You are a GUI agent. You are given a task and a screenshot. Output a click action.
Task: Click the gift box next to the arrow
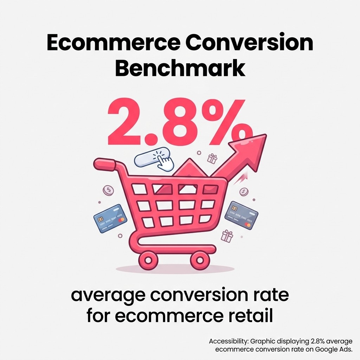pyautogui.click(x=212, y=159)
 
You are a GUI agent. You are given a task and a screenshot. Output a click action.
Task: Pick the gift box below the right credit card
pyautogui.click(x=227, y=236)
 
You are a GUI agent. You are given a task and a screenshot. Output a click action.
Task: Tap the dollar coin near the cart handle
pyautogui.click(x=108, y=191)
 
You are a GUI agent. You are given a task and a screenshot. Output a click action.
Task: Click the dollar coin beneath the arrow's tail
pyautogui.click(x=244, y=192)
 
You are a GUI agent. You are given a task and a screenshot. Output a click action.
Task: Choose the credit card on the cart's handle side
pyautogui.click(x=110, y=219)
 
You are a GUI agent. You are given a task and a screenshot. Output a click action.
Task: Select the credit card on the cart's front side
pyautogui.click(x=241, y=215)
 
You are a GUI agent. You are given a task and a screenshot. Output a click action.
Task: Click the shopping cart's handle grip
pyautogui.click(x=104, y=163)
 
